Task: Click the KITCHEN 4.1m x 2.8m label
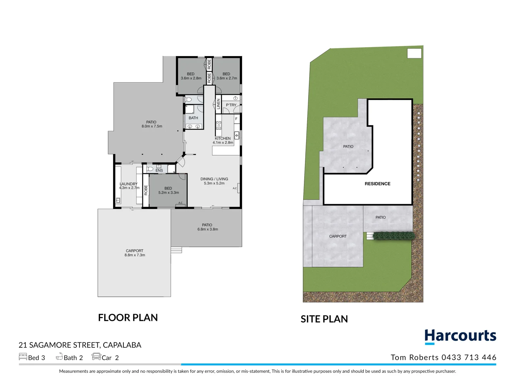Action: click(x=223, y=140)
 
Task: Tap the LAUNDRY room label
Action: click(x=128, y=186)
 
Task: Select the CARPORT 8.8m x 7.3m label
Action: click(x=134, y=253)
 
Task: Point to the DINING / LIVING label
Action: click(x=214, y=181)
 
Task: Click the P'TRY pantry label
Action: click(x=231, y=105)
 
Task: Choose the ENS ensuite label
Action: click(x=159, y=170)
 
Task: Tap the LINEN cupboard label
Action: click(x=218, y=104)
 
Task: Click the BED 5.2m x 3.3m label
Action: click(x=168, y=190)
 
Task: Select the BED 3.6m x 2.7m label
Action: click(x=226, y=76)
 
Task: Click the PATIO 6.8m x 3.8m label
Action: click(x=207, y=227)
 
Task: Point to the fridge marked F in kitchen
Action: click(x=236, y=119)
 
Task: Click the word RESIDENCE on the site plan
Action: click(x=377, y=184)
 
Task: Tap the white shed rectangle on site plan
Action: click(x=414, y=53)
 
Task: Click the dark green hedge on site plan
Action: click(x=394, y=236)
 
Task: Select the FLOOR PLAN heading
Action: click(x=128, y=317)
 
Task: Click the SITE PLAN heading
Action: click(x=324, y=319)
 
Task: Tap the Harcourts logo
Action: click(x=460, y=336)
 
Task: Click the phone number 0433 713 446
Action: click(x=469, y=357)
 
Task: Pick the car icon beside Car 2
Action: click(x=96, y=356)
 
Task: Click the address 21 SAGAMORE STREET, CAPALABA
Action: click(x=80, y=345)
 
